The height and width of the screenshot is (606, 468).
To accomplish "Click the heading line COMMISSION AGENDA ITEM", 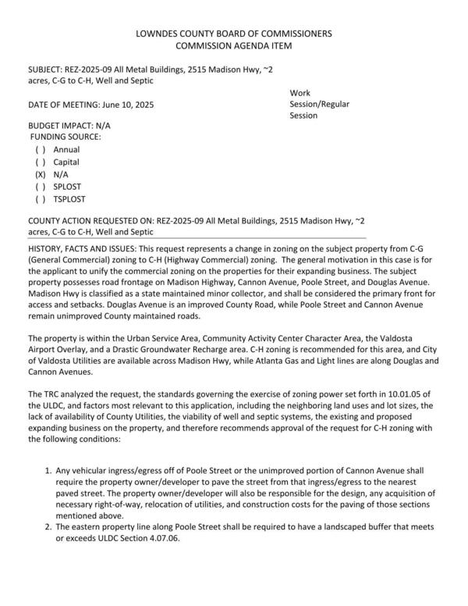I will (234, 47).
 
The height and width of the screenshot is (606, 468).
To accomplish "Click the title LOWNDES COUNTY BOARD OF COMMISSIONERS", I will (234, 34).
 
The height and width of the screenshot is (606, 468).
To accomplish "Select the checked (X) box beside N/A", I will (41, 175).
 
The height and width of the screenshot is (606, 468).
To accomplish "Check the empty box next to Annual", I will (41, 149).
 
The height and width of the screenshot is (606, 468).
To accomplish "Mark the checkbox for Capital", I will (41, 162).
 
